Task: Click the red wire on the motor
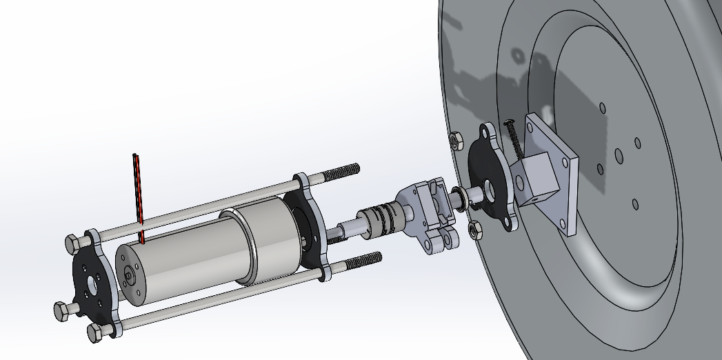[137, 197]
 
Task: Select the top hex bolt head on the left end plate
[72, 244]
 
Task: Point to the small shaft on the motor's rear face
[130, 275]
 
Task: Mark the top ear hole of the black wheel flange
[488, 131]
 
